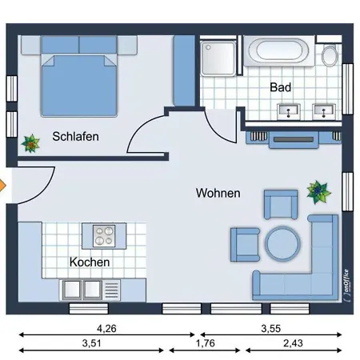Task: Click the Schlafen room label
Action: pos(75,137)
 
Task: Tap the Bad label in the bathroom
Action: pos(280,87)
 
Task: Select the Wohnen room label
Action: pos(218,193)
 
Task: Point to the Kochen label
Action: pos(90,262)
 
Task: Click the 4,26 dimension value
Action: pos(106,329)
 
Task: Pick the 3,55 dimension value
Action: pos(270,329)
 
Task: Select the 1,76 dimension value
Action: pos(206,343)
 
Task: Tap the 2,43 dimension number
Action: pos(293,343)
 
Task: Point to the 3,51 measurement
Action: pos(91,343)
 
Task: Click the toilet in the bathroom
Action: pos(330,55)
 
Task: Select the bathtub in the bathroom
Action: pos(279,51)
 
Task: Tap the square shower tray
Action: pos(218,58)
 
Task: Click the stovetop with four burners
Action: pos(104,236)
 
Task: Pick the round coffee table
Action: pos(282,243)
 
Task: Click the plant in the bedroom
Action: pos(30,143)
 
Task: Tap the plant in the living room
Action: pos(318,192)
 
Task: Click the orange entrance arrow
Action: pos(2,186)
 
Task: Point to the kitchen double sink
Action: pos(82,290)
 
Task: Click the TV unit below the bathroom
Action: pos(294,140)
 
